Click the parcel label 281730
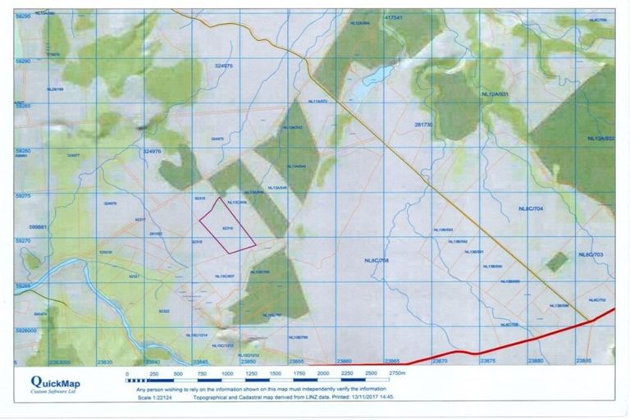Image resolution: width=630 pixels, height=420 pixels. click(x=424, y=124)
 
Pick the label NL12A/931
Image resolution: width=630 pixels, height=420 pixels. click(x=497, y=95)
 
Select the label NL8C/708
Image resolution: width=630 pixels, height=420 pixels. click(x=376, y=261)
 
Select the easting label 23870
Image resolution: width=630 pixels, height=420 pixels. click(x=441, y=361)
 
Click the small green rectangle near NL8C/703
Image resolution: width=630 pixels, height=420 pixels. click(x=558, y=262)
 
